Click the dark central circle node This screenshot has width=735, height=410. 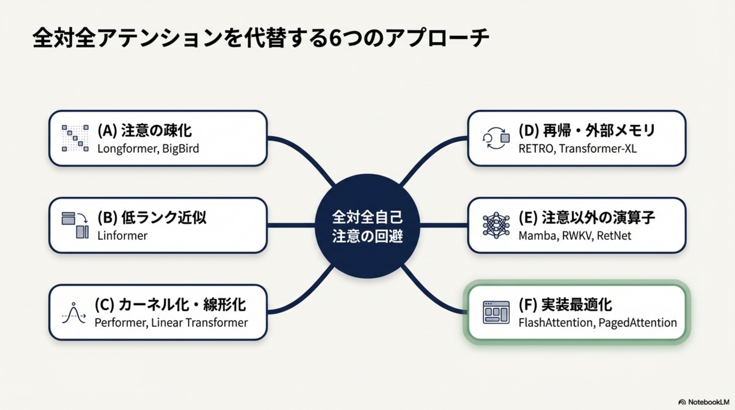pos(367,226)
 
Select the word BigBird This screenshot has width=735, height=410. pos(180,149)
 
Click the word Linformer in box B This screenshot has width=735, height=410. pos(122,236)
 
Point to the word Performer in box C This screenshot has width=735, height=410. pos(121,323)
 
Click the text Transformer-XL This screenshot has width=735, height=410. pos(597,149)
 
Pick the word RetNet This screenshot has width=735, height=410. pos(614,236)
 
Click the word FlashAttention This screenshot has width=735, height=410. pos(557,323)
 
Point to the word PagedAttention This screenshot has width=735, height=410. pos(638,323)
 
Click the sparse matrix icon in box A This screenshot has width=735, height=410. pos(75,138)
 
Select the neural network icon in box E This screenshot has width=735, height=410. pos(496,225)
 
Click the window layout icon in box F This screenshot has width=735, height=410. pos(496,313)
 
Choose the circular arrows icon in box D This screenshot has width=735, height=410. pos(496,138)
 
